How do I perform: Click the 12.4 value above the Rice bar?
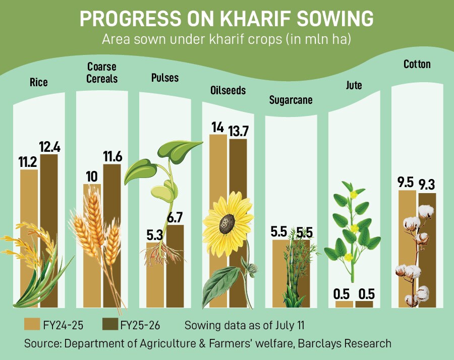pyautogui.click(x=49, y=147)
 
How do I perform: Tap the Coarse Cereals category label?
pyautogui.click(x=102, y=73)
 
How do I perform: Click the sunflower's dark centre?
pyautogui.click(x=227, y=221)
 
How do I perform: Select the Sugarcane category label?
pyautogui.click(x=291, y=100)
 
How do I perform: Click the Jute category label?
pyautogui.click(x=354, y=85)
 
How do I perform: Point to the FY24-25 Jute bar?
pyautogui.click(x=344, y=304)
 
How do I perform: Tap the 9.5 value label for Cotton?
pyautogui.click(x=406, y=182)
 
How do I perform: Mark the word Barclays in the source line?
pyautogui.click(x=320, y=343)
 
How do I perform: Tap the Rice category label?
pyautogui.click(x=38, y=82)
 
